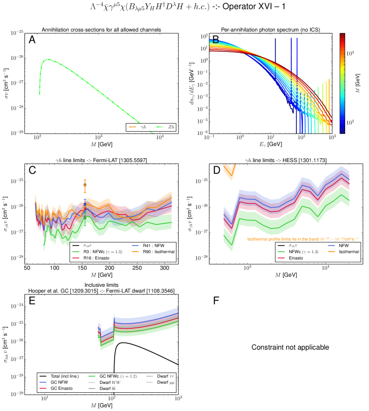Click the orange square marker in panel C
pos(85,185)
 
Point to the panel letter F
pos(216,300)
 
